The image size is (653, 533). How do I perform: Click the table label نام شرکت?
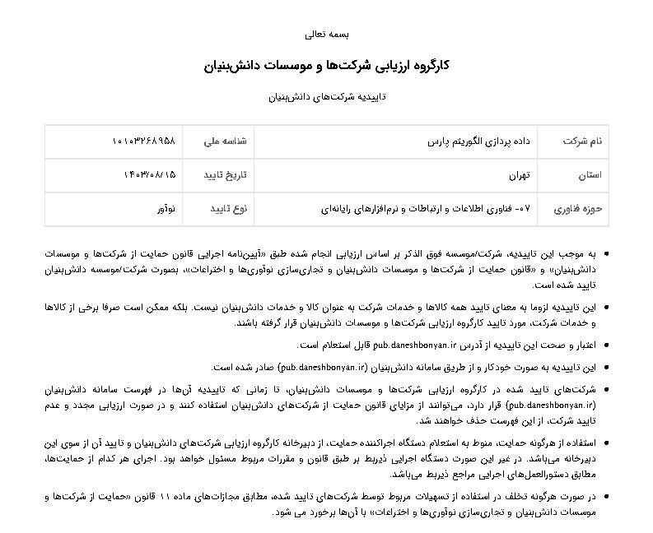(x=582, y=141)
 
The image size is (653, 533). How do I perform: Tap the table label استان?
(x=590, y=175)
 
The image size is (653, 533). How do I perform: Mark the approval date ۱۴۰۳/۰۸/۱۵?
(x=149, y=175)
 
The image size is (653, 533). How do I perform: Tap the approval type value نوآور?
(x=167, y=209)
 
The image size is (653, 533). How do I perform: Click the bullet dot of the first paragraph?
(x=606, y=255)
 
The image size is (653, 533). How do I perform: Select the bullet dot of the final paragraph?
(x=606, y=497)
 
